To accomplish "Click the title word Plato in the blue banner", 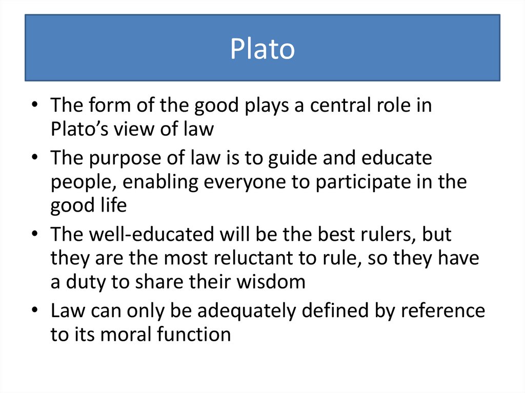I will [262, 50].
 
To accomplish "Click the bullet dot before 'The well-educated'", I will [34, 235].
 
